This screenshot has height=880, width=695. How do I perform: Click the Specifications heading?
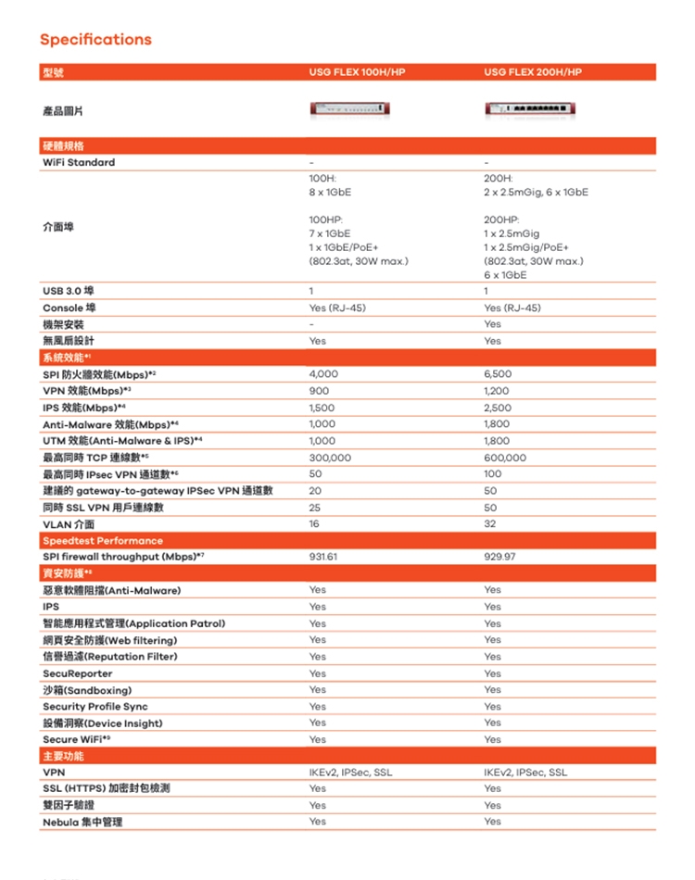[x=95, y=39]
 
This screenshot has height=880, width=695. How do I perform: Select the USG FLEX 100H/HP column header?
[x=357, y=72]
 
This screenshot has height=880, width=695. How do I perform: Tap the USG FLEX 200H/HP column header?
[x=532, y=72]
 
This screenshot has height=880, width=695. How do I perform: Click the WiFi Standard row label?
[x=79, y=162]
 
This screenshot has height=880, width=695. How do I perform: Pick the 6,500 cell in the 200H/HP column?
[x=498, y=374]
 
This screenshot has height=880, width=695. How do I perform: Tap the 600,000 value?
[x=504, y=458]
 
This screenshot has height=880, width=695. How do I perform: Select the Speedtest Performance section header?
[x=102, y=540]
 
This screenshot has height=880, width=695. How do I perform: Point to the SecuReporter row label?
[x=78, y=673]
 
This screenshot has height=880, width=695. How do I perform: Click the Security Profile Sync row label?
[x=95, y=707]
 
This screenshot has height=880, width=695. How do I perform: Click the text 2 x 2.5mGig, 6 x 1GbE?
[x=535, y=193]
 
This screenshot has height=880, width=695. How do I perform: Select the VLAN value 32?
[x=489, y=524]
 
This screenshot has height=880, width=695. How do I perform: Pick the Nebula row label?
[x=82, y=822]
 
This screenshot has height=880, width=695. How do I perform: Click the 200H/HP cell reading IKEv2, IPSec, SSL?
[x=525, y=773]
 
